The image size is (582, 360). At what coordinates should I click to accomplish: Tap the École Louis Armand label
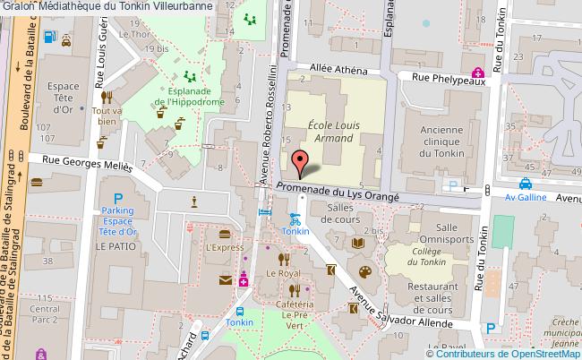[x=333, y=133]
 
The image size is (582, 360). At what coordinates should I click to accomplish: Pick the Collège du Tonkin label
[x=414, y=260]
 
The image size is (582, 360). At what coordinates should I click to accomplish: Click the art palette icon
[x=364, y=272]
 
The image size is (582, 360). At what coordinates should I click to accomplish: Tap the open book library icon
[x=357, y=243]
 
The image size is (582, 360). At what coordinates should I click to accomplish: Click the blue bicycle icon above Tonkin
[x=294, y=218]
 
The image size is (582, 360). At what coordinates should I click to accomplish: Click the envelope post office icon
[x=225, y=282]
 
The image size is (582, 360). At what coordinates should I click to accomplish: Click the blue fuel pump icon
[x=64, y=39]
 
